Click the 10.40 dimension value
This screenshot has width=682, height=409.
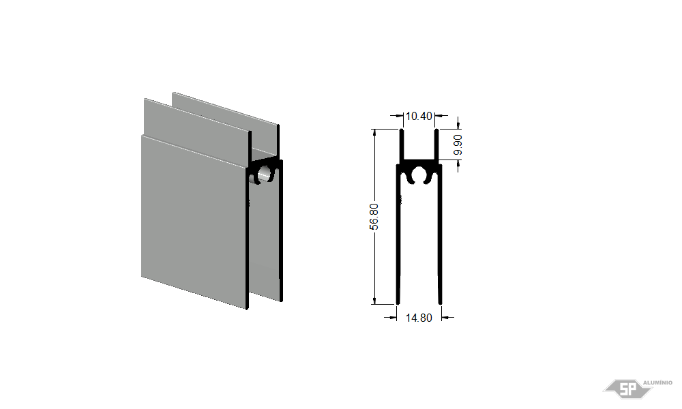point(419,116)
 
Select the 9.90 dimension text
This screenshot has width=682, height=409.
point(458,145)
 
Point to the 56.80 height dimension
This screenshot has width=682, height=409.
point(374,217)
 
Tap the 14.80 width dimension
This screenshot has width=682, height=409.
point(419,318)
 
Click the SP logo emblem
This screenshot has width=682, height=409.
point(627,389)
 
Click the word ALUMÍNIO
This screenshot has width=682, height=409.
point(657,382)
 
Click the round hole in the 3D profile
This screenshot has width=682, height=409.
point(264,174)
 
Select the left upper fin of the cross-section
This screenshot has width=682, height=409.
point(402,145)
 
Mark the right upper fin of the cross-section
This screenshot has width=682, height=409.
point(436,145)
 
